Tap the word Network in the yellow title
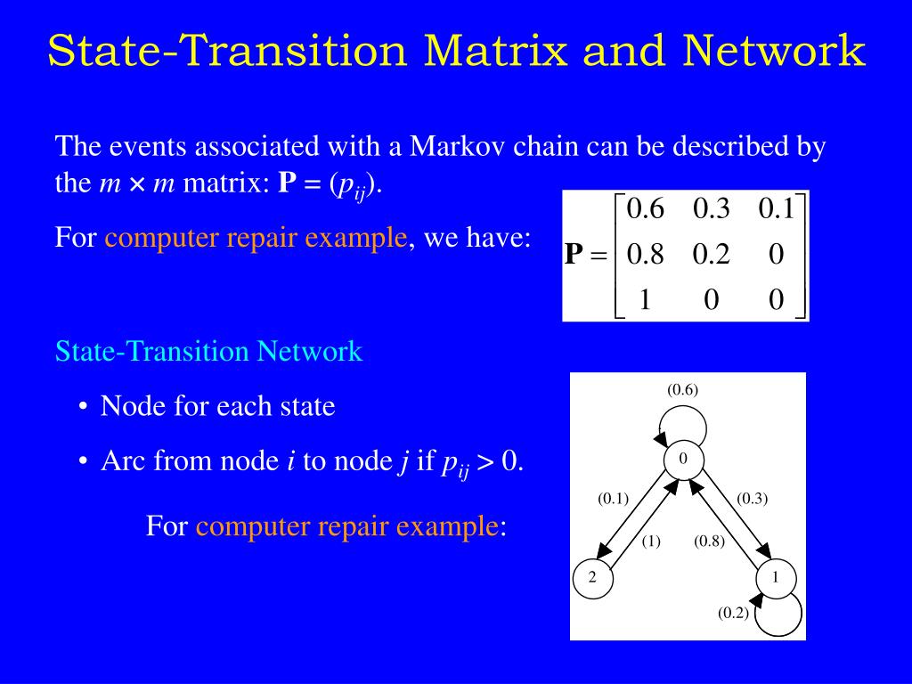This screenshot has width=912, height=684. pyautogui.click(x=774, y=51)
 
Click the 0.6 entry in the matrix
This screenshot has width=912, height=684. pyautogui.click(x=646, y=209)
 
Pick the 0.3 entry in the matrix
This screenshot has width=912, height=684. pyautogui.click(x=711, y=209)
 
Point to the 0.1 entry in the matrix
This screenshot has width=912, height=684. pyautogui.click(x=776, y=209)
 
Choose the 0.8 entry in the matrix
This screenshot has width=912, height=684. pyautogui.click(x=646, y=255)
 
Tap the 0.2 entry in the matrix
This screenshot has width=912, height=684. pyautogui.click(x=711, y=255)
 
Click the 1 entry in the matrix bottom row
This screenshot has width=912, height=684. pyautogui.click(x=646, y=300)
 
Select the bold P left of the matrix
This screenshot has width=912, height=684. pyautogui.click(x=574, y=255)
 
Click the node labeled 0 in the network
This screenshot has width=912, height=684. pyautogui.click(x=682, y=459)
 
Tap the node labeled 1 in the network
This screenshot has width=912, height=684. pyautogui.click(x=775, y=578)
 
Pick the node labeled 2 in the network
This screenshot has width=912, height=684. pyautogui.click(x=590, y=578)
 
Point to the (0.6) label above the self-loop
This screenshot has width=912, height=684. pyautogui.click(x=683, y=389)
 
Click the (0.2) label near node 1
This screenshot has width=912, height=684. pyautogui.click(x=734, y=613)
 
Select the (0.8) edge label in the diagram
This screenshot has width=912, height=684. pyautogui.click(x=710, y=541)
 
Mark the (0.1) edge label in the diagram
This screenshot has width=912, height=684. pyautogui.click(x=613, y=499)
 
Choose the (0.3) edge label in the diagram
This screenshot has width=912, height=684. pyautogui.click(x=753, y=499)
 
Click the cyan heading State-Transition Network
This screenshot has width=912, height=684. pyautogui.click(x=208, y=351)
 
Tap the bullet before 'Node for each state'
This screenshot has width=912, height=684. pyautogui.click(x=83, y=408)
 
